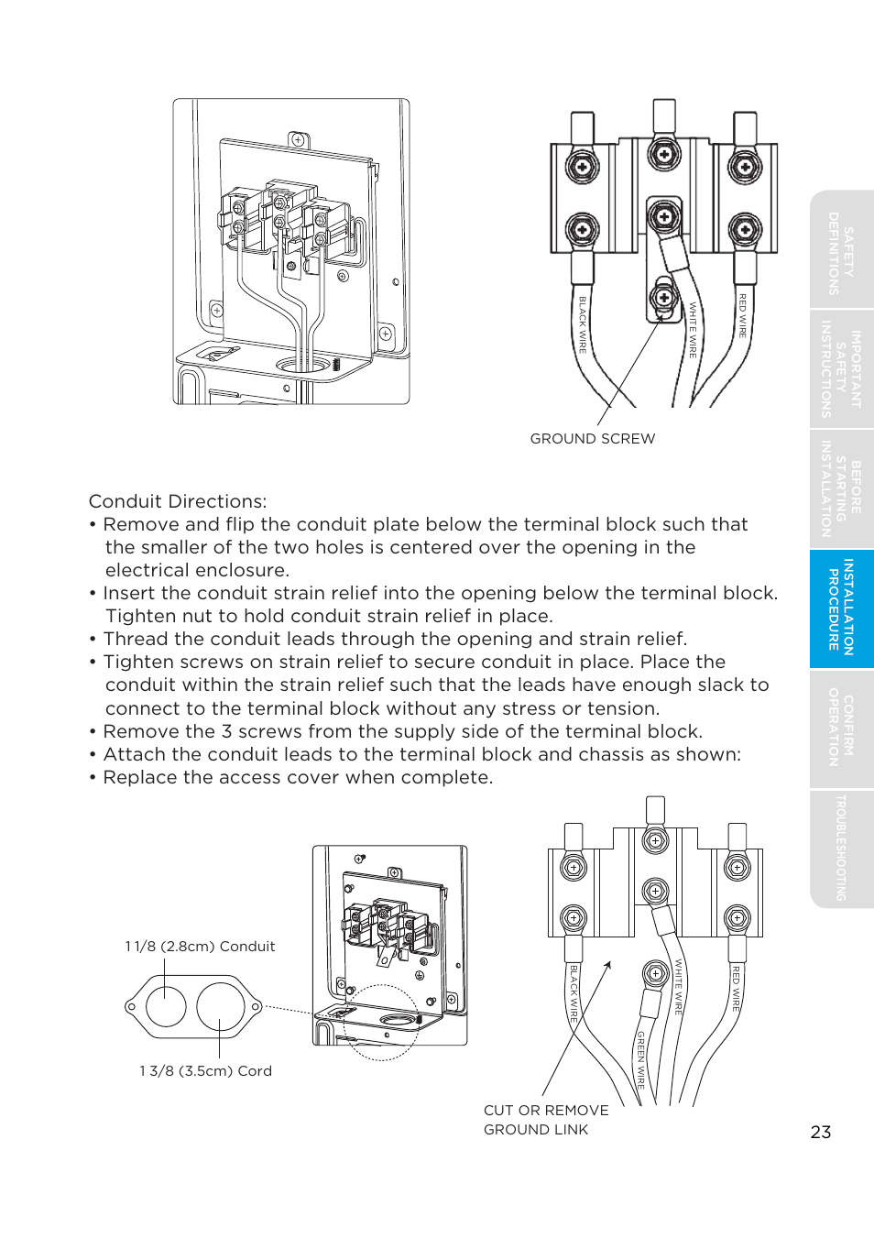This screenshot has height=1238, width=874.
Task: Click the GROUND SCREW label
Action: (593, 439)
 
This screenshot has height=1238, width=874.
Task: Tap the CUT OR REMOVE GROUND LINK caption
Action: (546, 1120)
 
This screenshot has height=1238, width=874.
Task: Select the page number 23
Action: (821, 1133)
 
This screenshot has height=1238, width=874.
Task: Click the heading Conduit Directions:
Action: (178, 501)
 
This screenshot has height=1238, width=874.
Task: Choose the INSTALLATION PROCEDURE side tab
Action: (841, 608)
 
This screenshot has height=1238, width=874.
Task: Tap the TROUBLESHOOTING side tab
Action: (841, 848)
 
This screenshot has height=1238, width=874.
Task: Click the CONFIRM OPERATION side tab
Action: (841, 728)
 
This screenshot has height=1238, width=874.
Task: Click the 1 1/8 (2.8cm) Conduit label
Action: (200, 947)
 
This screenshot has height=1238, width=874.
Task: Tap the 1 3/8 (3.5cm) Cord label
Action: (205, 1071)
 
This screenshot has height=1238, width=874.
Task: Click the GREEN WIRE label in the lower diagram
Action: (641, 1058)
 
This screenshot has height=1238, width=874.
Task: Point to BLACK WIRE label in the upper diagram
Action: (583, 324)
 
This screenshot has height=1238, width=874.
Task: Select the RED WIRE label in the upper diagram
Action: (743, 315)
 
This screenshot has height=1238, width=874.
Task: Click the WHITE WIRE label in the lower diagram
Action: (679, 986)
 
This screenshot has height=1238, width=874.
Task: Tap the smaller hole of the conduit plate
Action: (166, 1007)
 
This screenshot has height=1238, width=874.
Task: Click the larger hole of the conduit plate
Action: (221, 1007)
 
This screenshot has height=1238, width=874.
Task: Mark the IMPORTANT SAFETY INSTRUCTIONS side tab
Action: (841, 369)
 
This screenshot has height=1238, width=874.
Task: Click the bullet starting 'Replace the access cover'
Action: (298, 777)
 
